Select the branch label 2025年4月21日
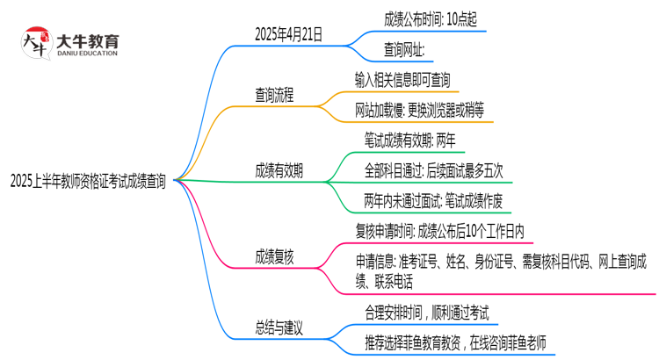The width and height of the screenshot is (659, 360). [x=287, y=34]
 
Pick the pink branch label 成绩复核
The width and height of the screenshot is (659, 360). [x=274, y=256]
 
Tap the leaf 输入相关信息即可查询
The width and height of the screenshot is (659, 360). [x=402, y=80]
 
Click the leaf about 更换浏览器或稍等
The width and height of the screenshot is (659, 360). [x=418, y=110]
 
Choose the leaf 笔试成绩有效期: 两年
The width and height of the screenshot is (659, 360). [x=409, y=140]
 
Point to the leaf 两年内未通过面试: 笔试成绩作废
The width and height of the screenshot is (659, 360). [x=432, y=201]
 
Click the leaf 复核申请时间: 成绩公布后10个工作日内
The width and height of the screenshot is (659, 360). [x=439, y=232]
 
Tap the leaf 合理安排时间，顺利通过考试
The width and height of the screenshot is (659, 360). [x=426, y=312]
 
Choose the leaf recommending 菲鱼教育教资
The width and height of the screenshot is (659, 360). [x=454, y=342]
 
